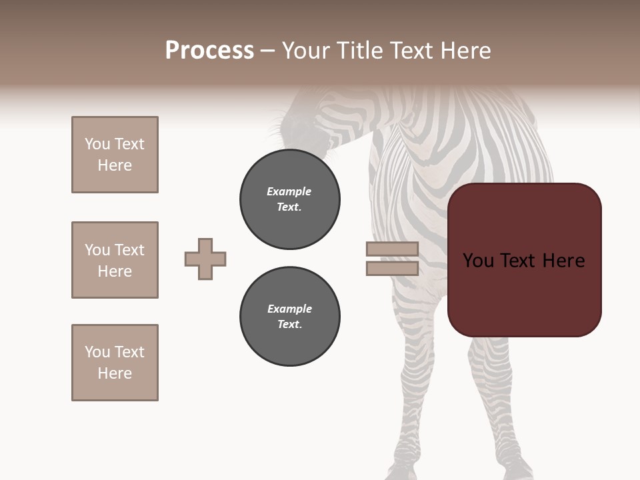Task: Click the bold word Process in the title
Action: click(x=209, y=51)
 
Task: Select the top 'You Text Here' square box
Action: click(x=115, y=155)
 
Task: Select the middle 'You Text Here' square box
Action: click(x=115, y=260)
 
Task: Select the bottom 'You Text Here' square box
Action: click(x=115, y=363)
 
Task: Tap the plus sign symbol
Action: click(x=205, y=259)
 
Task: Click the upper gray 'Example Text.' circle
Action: click(x=289, y=199)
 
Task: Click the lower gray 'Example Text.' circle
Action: click(x=289, y=317)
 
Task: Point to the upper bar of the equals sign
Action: click(x=392, y=249)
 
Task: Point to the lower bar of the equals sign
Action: click(x=392, y=269)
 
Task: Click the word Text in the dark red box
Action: click(x=524, y=261)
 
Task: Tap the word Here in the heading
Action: click(x=467, y=51)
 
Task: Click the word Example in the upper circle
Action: click(x=289, y=191)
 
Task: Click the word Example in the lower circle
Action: click(x=289, y=309)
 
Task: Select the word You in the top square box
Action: click(x=97, y=144)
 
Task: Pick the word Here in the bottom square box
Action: click(x=115, y=373)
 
